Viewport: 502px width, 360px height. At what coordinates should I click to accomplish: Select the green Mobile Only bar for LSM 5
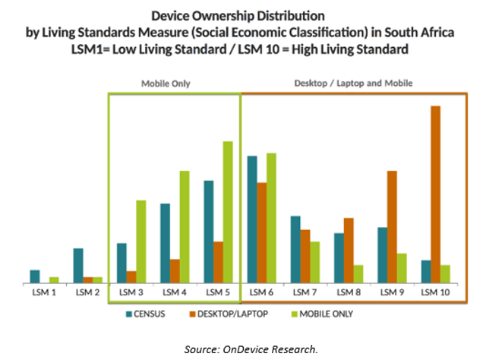(228, 213)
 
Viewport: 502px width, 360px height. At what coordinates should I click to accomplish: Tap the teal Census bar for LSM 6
(252, 220)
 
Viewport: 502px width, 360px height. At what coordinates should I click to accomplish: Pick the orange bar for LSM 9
(392, 228)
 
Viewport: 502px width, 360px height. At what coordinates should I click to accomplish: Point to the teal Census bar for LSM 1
(34, 276)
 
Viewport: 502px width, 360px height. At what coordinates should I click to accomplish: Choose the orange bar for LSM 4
(174, 271)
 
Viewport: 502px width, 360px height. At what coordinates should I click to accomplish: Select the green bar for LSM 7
(314, 263)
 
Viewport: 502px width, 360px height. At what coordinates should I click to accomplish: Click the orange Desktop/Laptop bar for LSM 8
(349, 251)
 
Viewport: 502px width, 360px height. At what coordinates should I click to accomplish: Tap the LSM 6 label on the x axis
(262, 292)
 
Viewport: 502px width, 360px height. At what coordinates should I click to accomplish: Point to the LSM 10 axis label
(435, 292)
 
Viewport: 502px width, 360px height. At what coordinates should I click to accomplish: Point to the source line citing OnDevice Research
(251, 349)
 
